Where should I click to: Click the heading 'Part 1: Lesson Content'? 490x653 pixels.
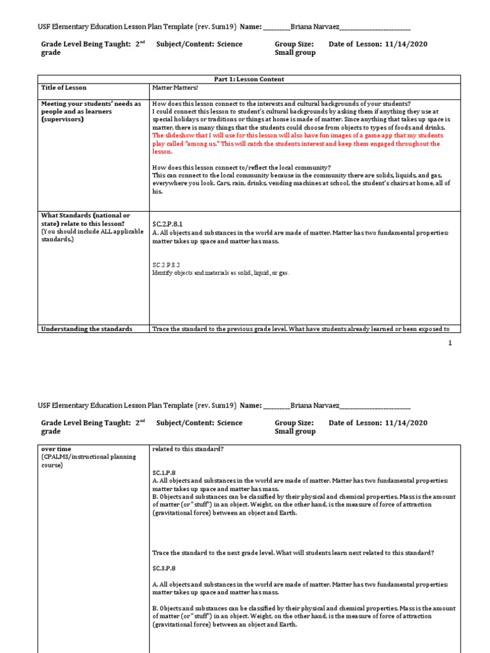[x=249, y=79]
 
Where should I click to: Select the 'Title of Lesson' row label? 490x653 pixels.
[x=64, y=87]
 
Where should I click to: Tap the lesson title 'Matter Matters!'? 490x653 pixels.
[x=171, y=87]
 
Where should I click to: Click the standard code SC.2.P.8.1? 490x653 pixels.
[x=167, y=224]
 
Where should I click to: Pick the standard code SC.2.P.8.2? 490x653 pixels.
[x=166, y=264]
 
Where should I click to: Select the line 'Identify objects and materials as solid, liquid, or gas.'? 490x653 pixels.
[x=220, y=273]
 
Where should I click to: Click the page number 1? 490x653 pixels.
[x=450, y=343]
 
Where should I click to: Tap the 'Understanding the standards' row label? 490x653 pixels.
[x=86, y=329]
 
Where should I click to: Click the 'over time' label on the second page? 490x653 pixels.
[x=56, y=449]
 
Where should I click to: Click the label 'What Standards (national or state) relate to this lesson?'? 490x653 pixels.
[x=85, y=219]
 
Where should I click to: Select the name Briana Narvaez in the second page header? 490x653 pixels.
[x=315, y=405]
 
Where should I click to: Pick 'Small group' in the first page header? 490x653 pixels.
[x=295, y=53]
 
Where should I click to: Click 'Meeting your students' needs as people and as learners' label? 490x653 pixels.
[x=91, y=112]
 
